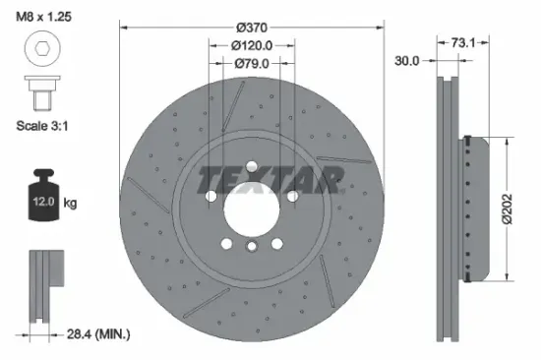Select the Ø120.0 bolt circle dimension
click(253, 46)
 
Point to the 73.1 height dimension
click(463, 42)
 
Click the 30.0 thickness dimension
click(406, 60)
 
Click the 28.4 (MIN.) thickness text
click(94, 335)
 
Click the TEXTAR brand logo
click(271, 178)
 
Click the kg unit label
click(71, 204)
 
